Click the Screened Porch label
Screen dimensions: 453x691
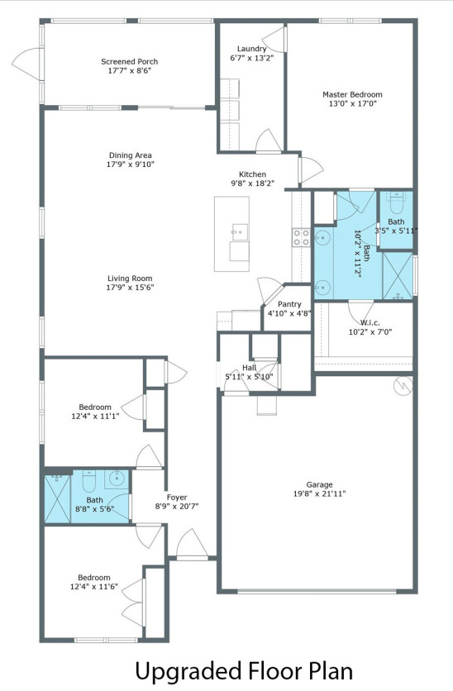click(129, 62)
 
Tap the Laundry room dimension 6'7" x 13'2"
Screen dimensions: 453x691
click(251, 58)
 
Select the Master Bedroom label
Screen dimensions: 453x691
click(352, 94)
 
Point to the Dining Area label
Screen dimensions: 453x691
click(131, 155)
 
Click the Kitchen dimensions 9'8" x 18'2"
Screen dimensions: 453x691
click(252, 183)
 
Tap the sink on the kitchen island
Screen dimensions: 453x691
click(239, 231)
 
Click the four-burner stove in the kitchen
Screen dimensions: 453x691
click(302, 237)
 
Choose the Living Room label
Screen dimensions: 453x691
click(130, 278)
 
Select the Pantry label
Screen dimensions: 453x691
click(289, 304)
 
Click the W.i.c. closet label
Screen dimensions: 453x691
click(370, 322)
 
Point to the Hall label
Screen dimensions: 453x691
click(249, 368)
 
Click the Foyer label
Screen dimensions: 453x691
click(177, 497)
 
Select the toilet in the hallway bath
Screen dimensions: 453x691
click(89, 481)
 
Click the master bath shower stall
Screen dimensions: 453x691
click(398, 276)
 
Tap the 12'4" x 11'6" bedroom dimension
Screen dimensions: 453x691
click(94, 587)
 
